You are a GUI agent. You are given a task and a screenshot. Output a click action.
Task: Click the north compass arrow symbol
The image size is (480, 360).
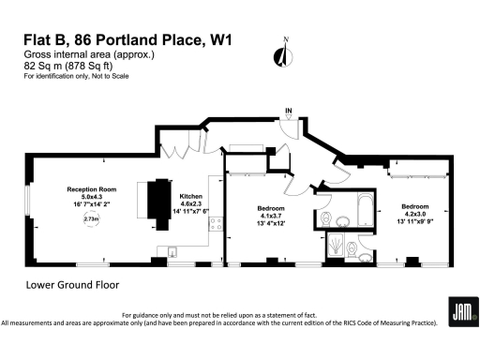(278, 53)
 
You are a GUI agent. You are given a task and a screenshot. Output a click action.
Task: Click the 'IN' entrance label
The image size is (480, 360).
(289, 112)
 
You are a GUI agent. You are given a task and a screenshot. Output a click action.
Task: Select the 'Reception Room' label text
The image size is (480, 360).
(90, 187)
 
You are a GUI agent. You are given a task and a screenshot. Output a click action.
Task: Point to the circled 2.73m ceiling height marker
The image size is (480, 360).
(91, 218)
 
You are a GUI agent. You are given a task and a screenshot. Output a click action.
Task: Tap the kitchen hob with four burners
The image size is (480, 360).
(214, 224)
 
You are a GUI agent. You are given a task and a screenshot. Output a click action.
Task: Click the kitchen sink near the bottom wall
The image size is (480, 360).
(174, 249)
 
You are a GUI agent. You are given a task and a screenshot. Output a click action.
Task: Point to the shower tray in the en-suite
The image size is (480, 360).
(336, 246)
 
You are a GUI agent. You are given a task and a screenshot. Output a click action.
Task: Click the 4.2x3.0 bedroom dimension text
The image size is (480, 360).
(415, 214)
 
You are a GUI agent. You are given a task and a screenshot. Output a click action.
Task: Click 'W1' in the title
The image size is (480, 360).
(221, 40)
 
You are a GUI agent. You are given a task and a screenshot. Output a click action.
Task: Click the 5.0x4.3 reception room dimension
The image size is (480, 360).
(90, 195)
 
